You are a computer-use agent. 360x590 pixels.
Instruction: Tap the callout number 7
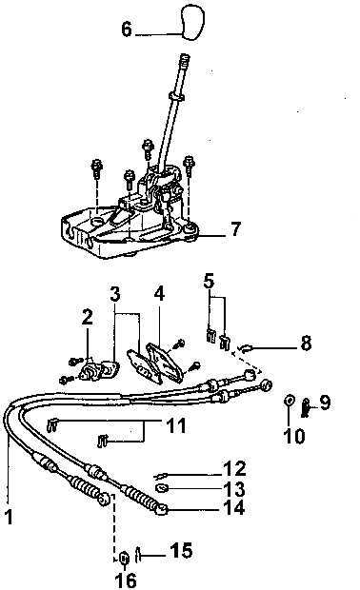pos(235,228)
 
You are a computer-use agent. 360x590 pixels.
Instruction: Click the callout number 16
pos(126,580)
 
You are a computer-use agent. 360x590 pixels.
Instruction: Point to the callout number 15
pos(181,550)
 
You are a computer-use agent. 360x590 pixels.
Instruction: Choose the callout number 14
pos(234,507)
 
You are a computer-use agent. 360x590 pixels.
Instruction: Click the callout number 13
pos(234,489)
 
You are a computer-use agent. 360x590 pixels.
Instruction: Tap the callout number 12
pos(234,469)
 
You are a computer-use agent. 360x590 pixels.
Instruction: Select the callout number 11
pos(176,425)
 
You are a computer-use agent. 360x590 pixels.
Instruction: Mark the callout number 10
pos(293,436)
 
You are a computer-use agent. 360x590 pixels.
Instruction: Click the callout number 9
pos(325,403)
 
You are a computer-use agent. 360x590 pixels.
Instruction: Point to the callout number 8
pos(306,344)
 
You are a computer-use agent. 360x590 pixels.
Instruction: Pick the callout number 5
pos(209,281)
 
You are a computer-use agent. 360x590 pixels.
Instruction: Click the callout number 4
pos(159,294)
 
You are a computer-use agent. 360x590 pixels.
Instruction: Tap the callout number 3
pos(115,294)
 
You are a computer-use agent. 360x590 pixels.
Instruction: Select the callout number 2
pos(87,317)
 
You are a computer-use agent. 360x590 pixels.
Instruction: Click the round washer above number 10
pos(290,401)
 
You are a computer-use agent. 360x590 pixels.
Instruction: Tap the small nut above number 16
pos(124,558)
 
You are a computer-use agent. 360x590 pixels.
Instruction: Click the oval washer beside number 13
pos(162,488)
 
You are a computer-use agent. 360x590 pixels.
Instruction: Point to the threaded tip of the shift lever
pos(184,59)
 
